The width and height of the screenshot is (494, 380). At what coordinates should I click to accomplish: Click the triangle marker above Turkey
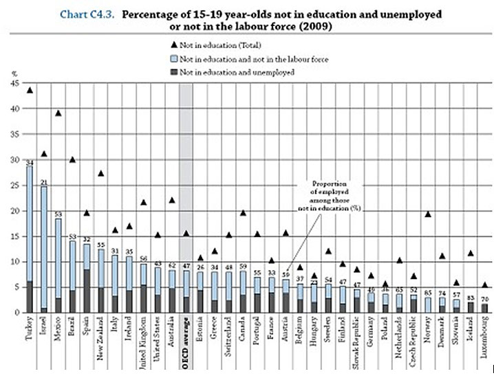(29, 90)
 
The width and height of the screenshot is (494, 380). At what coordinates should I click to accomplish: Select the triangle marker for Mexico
(58, 113)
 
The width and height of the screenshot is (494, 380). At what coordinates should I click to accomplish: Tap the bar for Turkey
(29, 234)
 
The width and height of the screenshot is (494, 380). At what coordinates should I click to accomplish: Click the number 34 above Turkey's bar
(29, 162)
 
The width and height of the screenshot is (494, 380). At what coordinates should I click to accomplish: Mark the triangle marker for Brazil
(72, 159)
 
